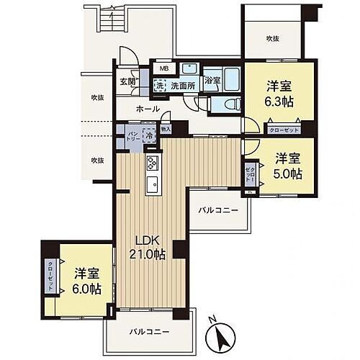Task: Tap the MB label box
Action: coord(165,69)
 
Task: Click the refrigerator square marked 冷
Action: coord(147,135)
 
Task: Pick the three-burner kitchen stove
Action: coord(153,162)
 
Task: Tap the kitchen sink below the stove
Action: coord(152,184)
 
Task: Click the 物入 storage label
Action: coord(166,130)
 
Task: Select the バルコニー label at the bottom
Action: coord(150,333)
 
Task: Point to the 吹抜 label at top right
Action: coord(272,38)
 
